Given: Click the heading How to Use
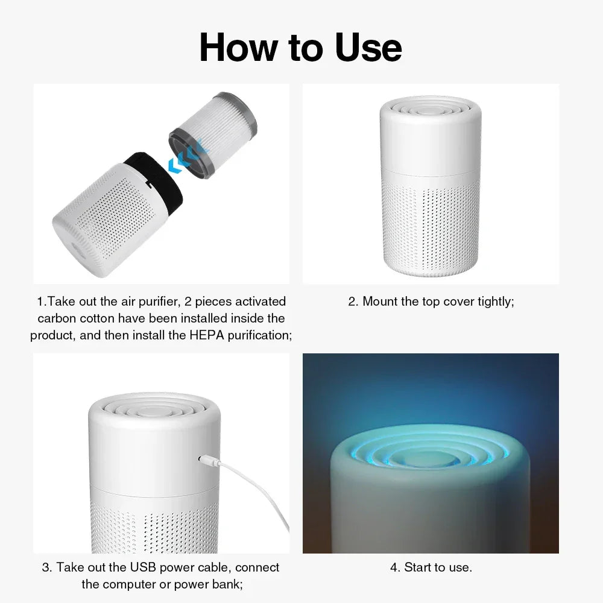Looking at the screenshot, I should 300,48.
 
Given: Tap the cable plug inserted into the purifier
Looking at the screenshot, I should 206,461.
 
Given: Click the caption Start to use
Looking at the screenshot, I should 431,567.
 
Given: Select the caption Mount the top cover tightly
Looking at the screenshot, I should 431,301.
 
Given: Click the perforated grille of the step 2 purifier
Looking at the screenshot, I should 430,226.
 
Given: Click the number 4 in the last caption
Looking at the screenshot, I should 394,567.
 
